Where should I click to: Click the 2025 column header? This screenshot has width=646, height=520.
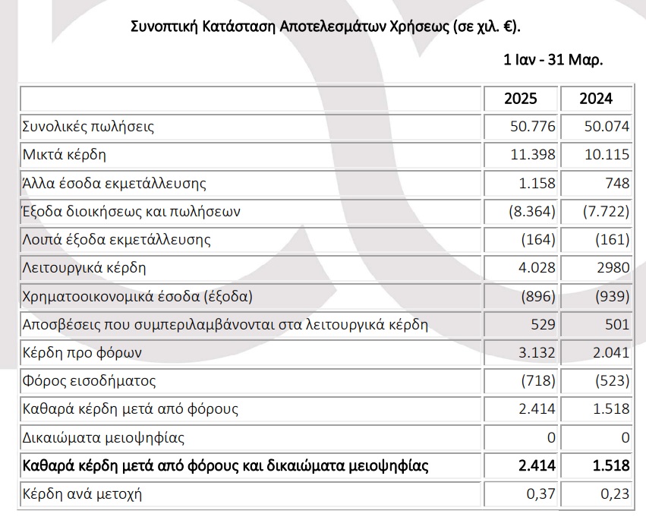coord(520,99)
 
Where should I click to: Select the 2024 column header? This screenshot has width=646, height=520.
coord(595,99)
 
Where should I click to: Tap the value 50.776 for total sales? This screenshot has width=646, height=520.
coord(532,127)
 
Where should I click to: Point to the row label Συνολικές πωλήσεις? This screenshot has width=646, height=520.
coord(88,127)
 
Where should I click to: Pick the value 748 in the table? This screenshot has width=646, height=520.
coord(617,184)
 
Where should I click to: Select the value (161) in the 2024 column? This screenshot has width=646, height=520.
coord(612,240)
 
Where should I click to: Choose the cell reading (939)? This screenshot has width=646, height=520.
coord(612,297)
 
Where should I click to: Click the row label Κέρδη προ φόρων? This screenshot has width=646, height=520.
coord(82,353)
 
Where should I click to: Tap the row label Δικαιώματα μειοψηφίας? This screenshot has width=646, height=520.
coord(103,438)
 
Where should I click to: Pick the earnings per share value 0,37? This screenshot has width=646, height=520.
coord(540,495)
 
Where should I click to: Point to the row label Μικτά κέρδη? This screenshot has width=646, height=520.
coord(65,155)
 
